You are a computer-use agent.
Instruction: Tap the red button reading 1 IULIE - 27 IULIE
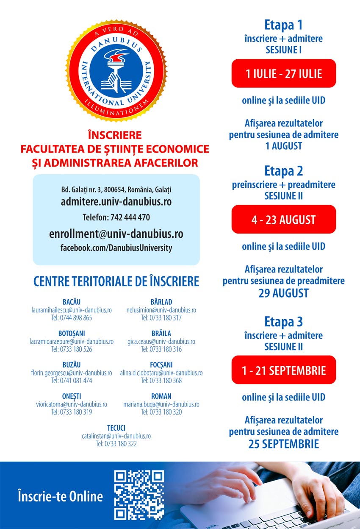click(x=284, y=74)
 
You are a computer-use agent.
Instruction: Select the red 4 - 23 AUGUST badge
click(x=284, y=220)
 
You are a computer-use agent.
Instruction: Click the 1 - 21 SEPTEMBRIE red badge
click(x=284, y=370)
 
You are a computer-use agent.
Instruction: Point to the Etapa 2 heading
click(x=284, y=171)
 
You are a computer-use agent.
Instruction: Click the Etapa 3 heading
click(x=284, y=322)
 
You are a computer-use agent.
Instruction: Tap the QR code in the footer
click(x=139, y=495)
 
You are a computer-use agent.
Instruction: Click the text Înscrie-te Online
click(x=60, y=496)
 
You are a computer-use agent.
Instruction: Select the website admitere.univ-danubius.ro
click(x=116, y=201)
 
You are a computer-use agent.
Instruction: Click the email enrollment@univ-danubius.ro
click(x=116, y=234)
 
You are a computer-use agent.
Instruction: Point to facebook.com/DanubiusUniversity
click(x=116, y=248)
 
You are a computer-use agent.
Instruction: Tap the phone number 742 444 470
click(x=130, y=217)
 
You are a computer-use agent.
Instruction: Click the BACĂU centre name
click(x=72, y=302)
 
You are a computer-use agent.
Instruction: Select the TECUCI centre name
click(x=116, y=428)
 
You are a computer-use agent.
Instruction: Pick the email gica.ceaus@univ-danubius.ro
click(x=161, y=342)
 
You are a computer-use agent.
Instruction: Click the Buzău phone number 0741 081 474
click(x=72, y=381)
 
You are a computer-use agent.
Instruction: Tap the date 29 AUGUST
click(x=284, y=293)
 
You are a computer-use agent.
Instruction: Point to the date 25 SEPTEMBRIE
click(x=284, y=444)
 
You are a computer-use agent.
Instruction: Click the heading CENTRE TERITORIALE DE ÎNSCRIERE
click(x=116, y=281)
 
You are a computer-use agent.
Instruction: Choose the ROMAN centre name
click(x=161, y=396)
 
